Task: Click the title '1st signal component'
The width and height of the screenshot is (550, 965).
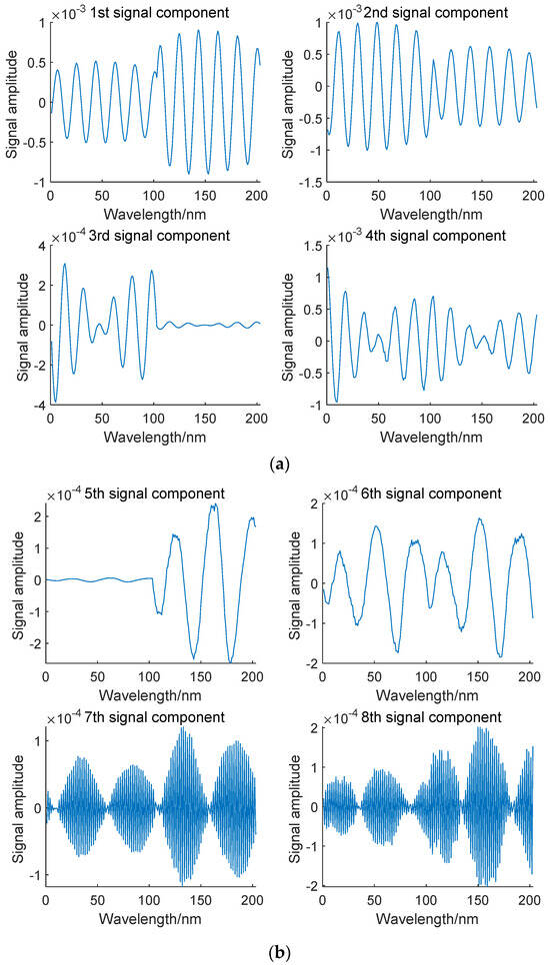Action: pos(158,12)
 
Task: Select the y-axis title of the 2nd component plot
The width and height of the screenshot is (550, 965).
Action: pos(290,104)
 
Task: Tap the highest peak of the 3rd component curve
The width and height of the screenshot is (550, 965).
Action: pos(65,264)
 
